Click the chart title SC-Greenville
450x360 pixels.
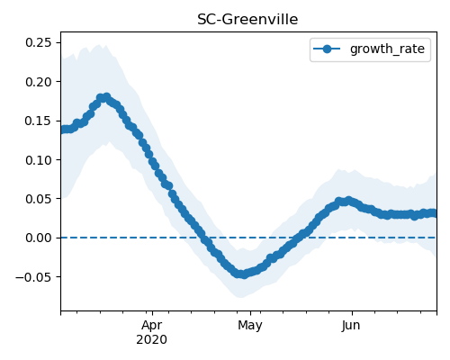pyautogui.click(x=247, y=20)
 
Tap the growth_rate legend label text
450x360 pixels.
pyautogui.click(x=387, y=49)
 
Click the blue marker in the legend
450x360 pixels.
pyautogui.click(x=327, y=49)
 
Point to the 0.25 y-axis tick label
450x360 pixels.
pyautogui.click(x=39, y=42)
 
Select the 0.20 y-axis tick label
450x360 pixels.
pyautogui.click(x=39, y=82)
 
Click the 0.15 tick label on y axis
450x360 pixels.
pyautogui.click(x=39, y=121)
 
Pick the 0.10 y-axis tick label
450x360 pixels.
pyautogui.click(x=39, y=160)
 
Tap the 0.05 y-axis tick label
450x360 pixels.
pyautogui.click(x=39, y=199)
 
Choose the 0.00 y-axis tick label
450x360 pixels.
pyautogui.click(x=39, y=238)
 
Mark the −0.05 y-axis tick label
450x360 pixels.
pyautogui.click(x=33, y=277)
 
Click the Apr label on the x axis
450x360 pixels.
pyautogui.click(x=152, y=326)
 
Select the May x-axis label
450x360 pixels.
pyautogui.click(x=250, y=326)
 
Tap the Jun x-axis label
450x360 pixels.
pyautogui.click(x=351, y=326)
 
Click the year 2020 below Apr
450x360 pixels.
pyautogui.click(x=151, y=340)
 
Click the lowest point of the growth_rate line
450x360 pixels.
pyautogui.click(x=245, y=274)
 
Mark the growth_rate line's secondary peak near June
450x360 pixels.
pyautogui.click(x=348, y=201)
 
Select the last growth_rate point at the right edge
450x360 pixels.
pyautogui.click(x=434, y=213)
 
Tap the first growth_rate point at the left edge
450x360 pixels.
pyautogui.click(x=63, y=130)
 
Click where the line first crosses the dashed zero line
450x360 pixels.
pyautogui.click(x=205, y=238)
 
